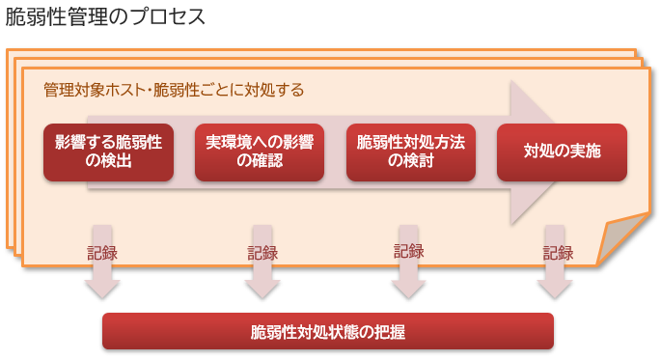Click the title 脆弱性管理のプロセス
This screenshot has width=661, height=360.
click(105, 18)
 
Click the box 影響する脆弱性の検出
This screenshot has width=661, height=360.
click(108, 152)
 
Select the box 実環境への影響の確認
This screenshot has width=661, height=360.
click(260, 152)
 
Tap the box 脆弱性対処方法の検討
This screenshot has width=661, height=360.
click(410, 152)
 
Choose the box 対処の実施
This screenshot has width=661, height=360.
click(562, 152)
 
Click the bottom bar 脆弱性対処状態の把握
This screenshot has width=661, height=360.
click(328, 331)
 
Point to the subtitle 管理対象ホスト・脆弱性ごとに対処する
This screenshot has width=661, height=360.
click(174, 91)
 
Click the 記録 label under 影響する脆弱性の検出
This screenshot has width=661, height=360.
click(102, 253)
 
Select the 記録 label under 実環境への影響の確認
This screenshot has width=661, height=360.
click(262, 253)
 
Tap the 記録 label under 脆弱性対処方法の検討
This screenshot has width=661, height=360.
click(409, 251)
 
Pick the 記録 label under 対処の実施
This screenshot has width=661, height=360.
click(558, 253)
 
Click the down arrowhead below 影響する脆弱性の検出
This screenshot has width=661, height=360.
click(102, 287)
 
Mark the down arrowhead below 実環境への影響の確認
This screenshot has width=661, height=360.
click(262, 287)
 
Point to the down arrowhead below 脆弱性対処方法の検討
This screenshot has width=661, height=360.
click(409, 287)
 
